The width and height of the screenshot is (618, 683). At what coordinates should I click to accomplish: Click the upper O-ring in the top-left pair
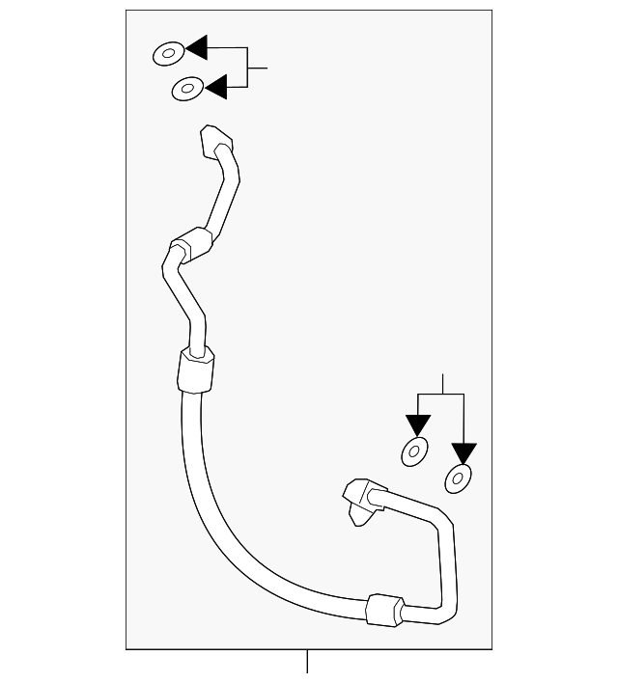[168, 53]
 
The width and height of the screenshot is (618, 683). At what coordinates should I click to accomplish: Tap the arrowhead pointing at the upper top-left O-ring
[197, 47]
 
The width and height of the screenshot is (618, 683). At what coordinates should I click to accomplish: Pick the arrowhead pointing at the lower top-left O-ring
[214, 87]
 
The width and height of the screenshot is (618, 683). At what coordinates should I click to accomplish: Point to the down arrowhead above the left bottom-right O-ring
[417, 424]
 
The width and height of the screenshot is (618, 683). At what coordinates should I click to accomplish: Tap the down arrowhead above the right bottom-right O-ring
[464, 452]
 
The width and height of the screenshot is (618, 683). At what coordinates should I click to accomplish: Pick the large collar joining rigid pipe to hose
[197, 370]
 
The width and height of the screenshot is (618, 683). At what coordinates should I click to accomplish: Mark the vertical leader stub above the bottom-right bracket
[442, 383]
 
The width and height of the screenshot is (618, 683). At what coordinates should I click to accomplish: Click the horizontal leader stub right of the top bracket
[258, 68]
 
